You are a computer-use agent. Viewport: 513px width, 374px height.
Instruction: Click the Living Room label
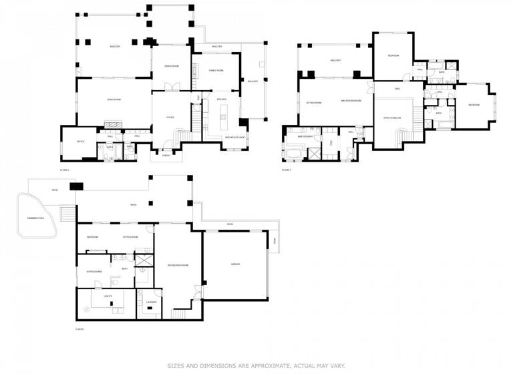[x=114, y=100]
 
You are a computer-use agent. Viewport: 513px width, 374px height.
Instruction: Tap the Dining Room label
[x=170, y=65]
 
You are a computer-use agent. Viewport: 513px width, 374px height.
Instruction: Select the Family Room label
[x=216, y=70]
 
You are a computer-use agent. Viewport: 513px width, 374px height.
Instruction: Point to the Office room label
[x=79, y=142]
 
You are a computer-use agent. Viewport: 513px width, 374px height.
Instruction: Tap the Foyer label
[x=170, y=118]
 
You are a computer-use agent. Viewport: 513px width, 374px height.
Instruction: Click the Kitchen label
[x=222, y=100]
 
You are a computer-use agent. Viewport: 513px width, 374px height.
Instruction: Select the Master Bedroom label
[x=351, y=102]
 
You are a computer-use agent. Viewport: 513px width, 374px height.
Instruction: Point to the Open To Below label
[x=391, y=118]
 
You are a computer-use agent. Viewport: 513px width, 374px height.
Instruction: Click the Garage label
[x=235, y=264]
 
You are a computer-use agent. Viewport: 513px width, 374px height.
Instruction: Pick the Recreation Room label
[x=178, y=264]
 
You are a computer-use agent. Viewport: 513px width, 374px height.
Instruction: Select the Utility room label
[x=108, y=295]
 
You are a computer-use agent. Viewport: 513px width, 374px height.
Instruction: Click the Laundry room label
[x=151, y=302]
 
